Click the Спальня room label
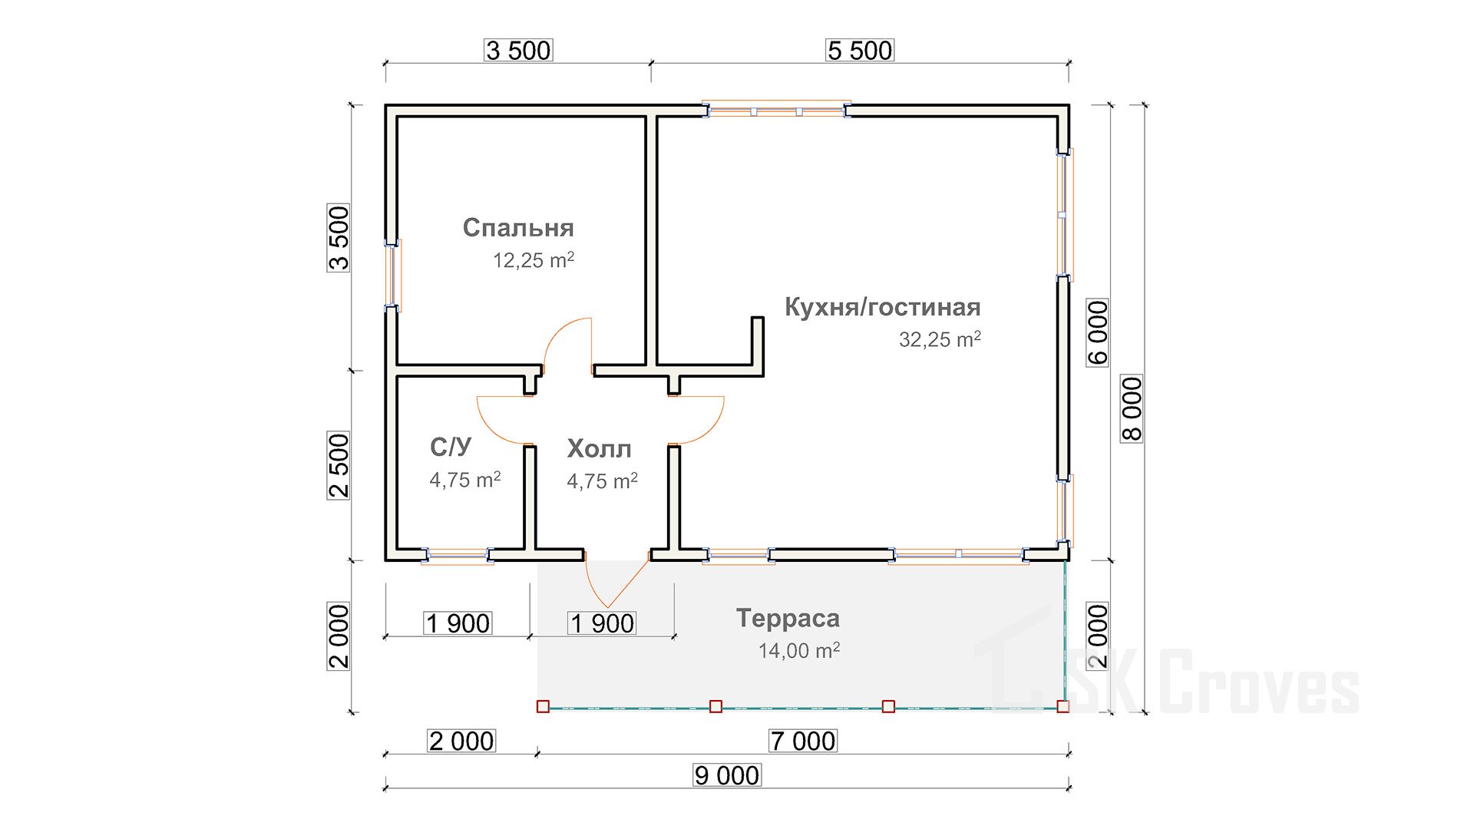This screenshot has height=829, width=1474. click(518, 228)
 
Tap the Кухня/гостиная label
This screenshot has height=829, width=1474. click(882, 307)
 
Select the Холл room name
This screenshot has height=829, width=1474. click(599, 448)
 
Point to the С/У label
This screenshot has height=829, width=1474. click(451, 447)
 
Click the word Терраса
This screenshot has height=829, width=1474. click(788, 618)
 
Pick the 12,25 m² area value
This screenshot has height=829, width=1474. click(534, 260)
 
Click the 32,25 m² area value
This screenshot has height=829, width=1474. click(940, 339)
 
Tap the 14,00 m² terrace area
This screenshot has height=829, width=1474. click(799, 650)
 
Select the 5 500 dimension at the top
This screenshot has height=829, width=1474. click(860, 51)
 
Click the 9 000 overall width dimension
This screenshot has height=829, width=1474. click(727, 775)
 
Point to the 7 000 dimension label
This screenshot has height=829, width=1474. click(802, 741)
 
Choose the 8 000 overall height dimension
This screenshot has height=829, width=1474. click(1132, 408)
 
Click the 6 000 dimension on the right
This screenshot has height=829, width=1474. click(1098, 332)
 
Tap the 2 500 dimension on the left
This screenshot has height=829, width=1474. click(339, 466)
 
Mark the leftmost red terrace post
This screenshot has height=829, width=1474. click(543, 706)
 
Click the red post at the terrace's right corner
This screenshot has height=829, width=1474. click(1063, 706)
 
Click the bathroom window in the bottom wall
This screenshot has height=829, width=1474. click(458, 555)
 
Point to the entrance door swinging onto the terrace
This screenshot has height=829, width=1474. click(616, 579)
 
